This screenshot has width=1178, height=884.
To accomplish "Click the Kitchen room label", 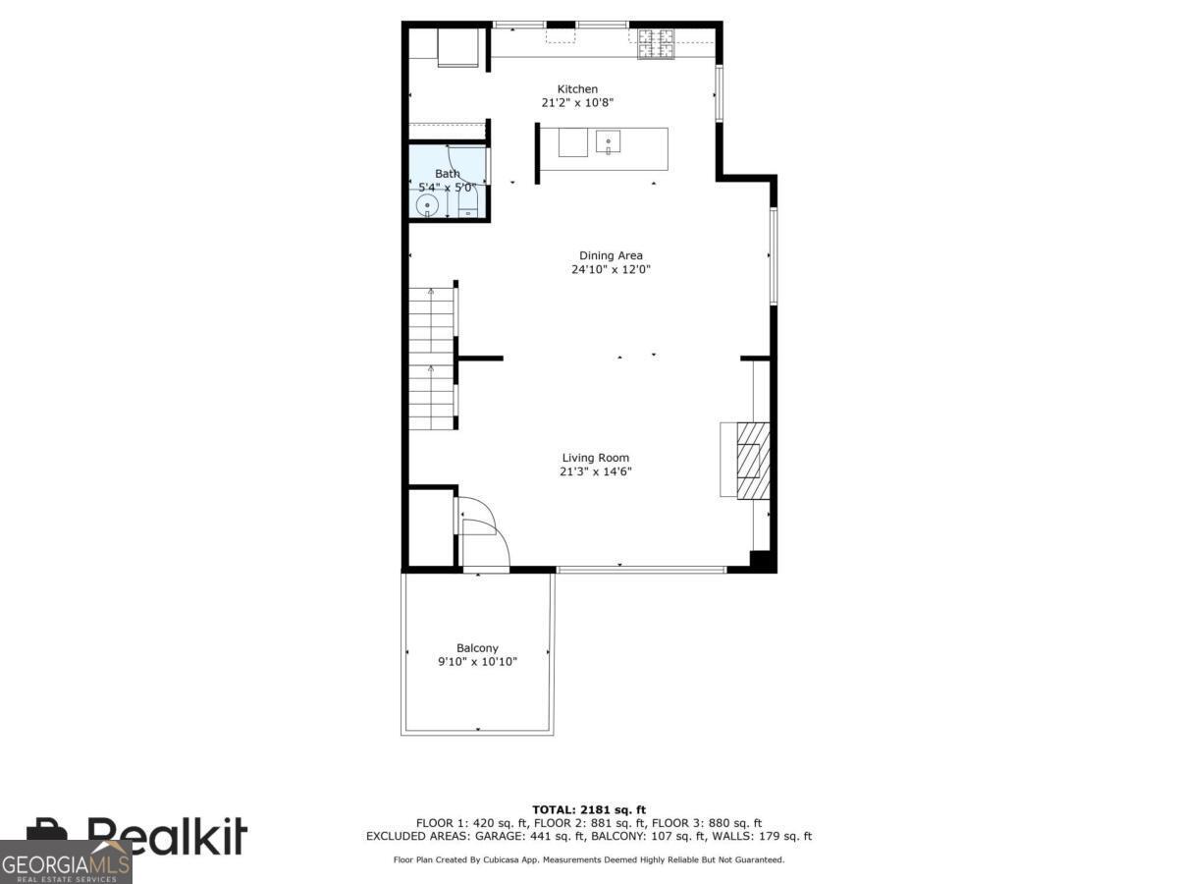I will (577, 89).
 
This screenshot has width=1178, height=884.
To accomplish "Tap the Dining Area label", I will (611, 256).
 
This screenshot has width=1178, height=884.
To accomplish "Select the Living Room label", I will (595, 458).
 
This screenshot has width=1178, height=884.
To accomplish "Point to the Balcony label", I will (477, 648).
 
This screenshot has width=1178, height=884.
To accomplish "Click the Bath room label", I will (448, 174).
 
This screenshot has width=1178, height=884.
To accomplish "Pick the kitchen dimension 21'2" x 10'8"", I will (577, 103).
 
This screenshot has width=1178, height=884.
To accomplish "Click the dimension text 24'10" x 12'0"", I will (611, 270).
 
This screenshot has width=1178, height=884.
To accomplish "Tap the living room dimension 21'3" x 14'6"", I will (595, 471).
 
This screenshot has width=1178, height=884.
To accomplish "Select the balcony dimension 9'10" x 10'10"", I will (477, 662).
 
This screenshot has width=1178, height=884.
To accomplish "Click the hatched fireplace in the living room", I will (753, 460).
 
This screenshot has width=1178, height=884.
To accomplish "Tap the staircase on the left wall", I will (432, 359).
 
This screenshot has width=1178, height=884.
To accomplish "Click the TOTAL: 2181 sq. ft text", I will (588, 810).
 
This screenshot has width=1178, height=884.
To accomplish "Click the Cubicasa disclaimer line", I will (588, 859).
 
